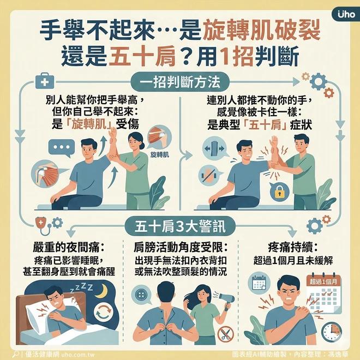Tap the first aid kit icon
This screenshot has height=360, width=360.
coord(45,81)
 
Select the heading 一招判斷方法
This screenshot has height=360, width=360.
coord(180,82)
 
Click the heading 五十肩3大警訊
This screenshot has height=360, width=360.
coord(180,226)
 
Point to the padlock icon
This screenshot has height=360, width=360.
coord(279,192)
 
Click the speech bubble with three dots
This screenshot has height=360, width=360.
coord(61,148)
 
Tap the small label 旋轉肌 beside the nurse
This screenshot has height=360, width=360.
coord(160,155)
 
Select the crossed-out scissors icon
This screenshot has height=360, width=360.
coord(225,334)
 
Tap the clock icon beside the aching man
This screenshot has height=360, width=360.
coord(331,332)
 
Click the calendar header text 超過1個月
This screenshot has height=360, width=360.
coord(323,281)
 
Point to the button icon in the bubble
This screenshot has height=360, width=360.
coord(141,295)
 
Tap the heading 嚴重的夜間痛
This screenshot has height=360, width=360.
coord(69,248)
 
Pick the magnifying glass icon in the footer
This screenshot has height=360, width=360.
coord(15,354)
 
